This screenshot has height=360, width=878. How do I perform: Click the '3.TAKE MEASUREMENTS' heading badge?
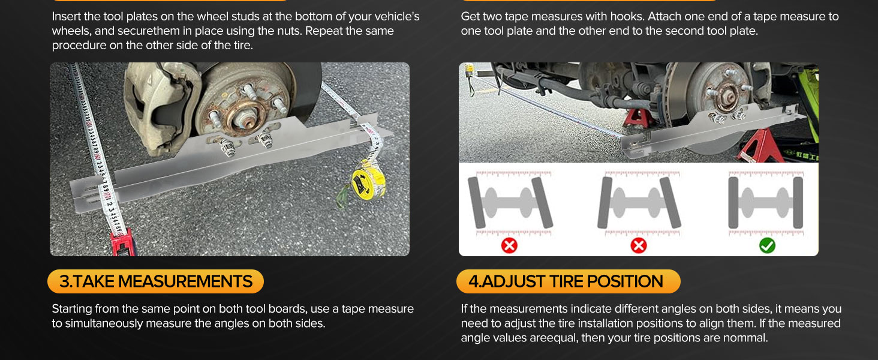[155, 281]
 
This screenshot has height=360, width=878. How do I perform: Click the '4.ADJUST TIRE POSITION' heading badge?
[569, 281]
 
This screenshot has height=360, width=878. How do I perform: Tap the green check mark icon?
[767, 246]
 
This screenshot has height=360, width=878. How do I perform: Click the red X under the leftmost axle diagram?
[509, 246]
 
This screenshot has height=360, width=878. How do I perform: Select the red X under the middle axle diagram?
[639, 246]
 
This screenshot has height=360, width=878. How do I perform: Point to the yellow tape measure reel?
[368, 182]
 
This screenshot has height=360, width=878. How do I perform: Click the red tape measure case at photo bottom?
[122, 245]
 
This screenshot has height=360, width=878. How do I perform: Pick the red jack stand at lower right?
[760, 146]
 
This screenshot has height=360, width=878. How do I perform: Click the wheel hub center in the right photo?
[729, 97]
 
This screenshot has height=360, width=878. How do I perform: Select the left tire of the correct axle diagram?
[733, 203]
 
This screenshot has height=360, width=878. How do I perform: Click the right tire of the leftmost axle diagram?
[542, 202]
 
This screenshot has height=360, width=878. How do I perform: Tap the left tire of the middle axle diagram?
[605, 203]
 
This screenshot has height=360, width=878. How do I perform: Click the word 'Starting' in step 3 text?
[72, 310]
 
